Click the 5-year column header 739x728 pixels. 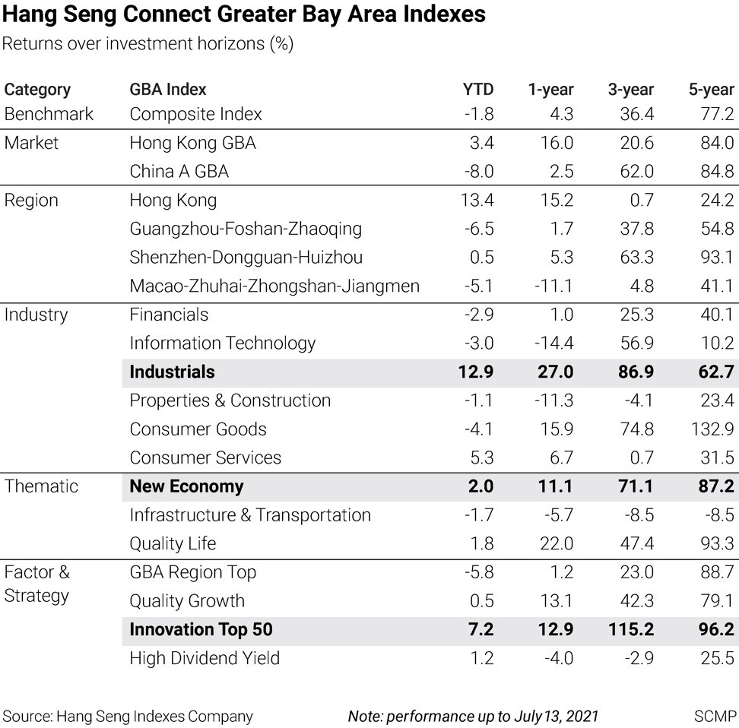(x=711, y=90)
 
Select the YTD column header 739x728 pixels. (x=477, y=90)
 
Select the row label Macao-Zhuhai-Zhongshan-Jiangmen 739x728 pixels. (x=274, y=286)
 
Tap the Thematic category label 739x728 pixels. (x=41, y=486)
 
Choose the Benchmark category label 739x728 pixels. (x=49, y=114)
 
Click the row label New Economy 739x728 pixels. (x=186, y=486)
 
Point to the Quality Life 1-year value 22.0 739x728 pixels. (x=556, y=544)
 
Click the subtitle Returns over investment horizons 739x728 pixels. (x=147, y=44)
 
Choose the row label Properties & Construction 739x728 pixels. (x=230, y=400)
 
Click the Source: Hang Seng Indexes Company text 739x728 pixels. (x=128, y=716)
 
